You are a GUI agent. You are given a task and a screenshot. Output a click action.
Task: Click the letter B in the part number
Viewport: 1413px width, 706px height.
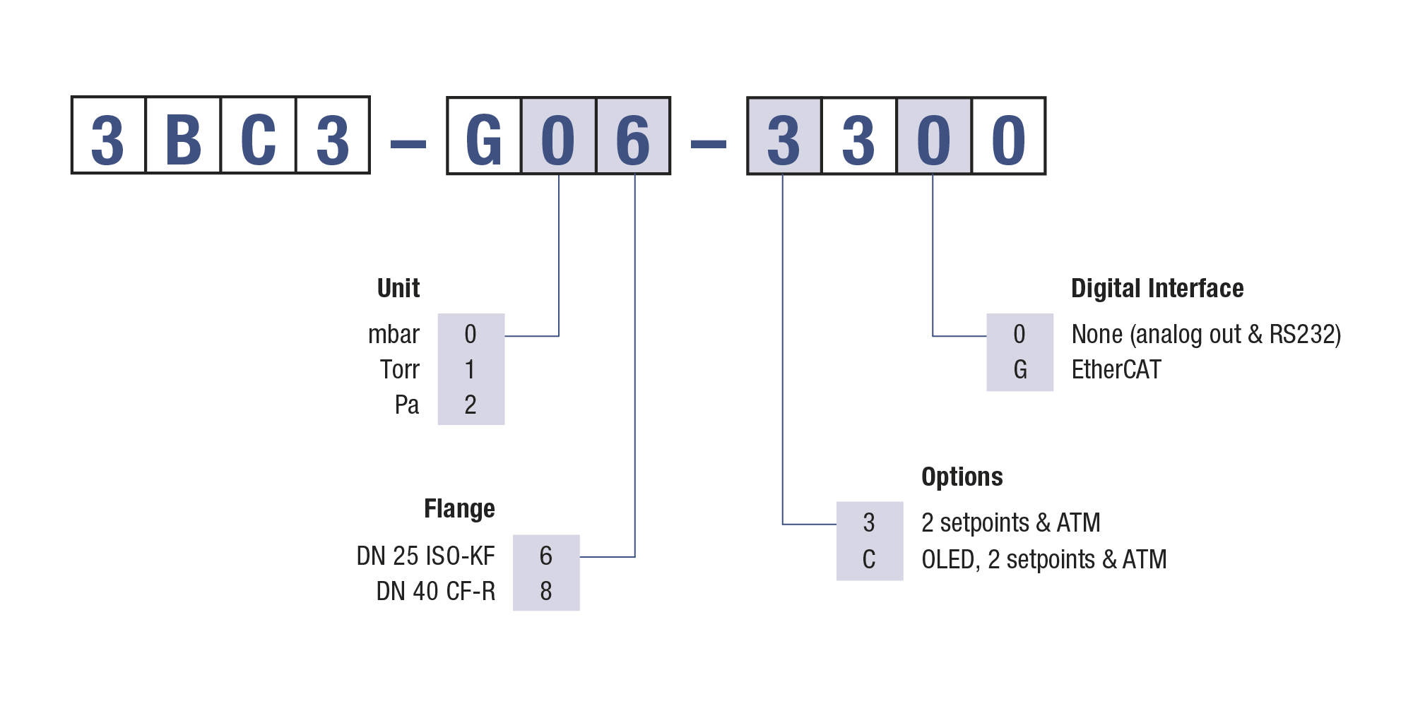click(x=183, y=137)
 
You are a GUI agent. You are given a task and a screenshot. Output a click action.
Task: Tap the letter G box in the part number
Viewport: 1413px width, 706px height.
click(x=484, y=137)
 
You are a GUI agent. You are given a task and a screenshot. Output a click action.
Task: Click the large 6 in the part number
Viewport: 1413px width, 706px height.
click(x=633, y=137)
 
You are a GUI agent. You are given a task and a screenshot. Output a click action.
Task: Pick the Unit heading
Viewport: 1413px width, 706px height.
click(x=398, y=288)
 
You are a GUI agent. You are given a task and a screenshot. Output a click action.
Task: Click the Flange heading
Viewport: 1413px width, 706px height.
click(x=459, y=509)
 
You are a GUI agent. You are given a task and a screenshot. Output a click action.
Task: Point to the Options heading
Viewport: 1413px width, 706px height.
click(x=962, y=477)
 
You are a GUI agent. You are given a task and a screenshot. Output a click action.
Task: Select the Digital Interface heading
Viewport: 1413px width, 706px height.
click(x=1157, y=288)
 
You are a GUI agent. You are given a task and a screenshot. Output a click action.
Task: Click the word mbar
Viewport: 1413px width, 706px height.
click(x=394, y=335)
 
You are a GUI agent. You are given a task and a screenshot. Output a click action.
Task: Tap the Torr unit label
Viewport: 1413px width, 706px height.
click(x=399, y=370)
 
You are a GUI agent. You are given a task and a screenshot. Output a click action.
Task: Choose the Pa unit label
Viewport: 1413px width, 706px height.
click(x=406, y=405)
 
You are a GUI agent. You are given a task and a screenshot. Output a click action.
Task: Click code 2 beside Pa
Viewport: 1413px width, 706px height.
click(x=471, y=405)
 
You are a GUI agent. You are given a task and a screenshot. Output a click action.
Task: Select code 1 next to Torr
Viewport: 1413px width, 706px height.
click(x=471, y=370)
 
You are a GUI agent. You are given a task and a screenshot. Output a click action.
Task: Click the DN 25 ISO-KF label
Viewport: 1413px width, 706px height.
click(x=425, y=556)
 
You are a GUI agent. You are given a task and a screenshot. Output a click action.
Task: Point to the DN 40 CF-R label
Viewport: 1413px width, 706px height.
click(x=435, y=592)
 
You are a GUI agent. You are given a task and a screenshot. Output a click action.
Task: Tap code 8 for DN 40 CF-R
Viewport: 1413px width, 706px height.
click(x=546, y=592)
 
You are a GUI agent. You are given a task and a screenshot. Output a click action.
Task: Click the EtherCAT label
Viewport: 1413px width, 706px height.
click(x=1116, y=370)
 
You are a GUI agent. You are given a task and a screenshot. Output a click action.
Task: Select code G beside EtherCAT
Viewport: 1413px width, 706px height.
click(x=1019, y=370)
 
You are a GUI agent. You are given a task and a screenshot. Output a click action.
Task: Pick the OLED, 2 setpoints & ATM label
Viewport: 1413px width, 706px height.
click(x=1044, y=560)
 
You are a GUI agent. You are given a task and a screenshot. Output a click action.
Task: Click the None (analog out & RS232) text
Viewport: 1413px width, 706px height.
click(x=1206, y=335)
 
